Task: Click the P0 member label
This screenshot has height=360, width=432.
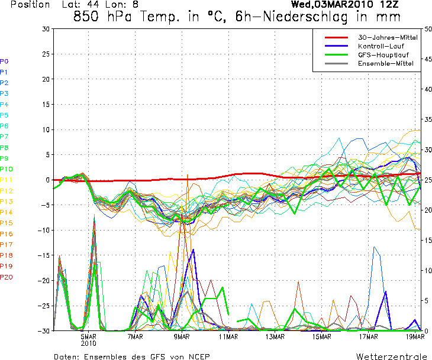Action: click(x=4, y=61)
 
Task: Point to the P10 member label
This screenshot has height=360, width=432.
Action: click(x=7, y=169)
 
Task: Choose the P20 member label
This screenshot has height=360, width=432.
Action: click(x=7, y=277)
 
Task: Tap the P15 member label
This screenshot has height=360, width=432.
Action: click(x=7, y=223)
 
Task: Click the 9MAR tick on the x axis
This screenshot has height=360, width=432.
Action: click(x=182, y=337)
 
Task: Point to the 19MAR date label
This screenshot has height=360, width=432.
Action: click(x=414, y=337)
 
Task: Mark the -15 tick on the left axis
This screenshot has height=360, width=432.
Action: click(x=44, y=255)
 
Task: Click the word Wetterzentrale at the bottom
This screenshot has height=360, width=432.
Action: click(x=391, y=356)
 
